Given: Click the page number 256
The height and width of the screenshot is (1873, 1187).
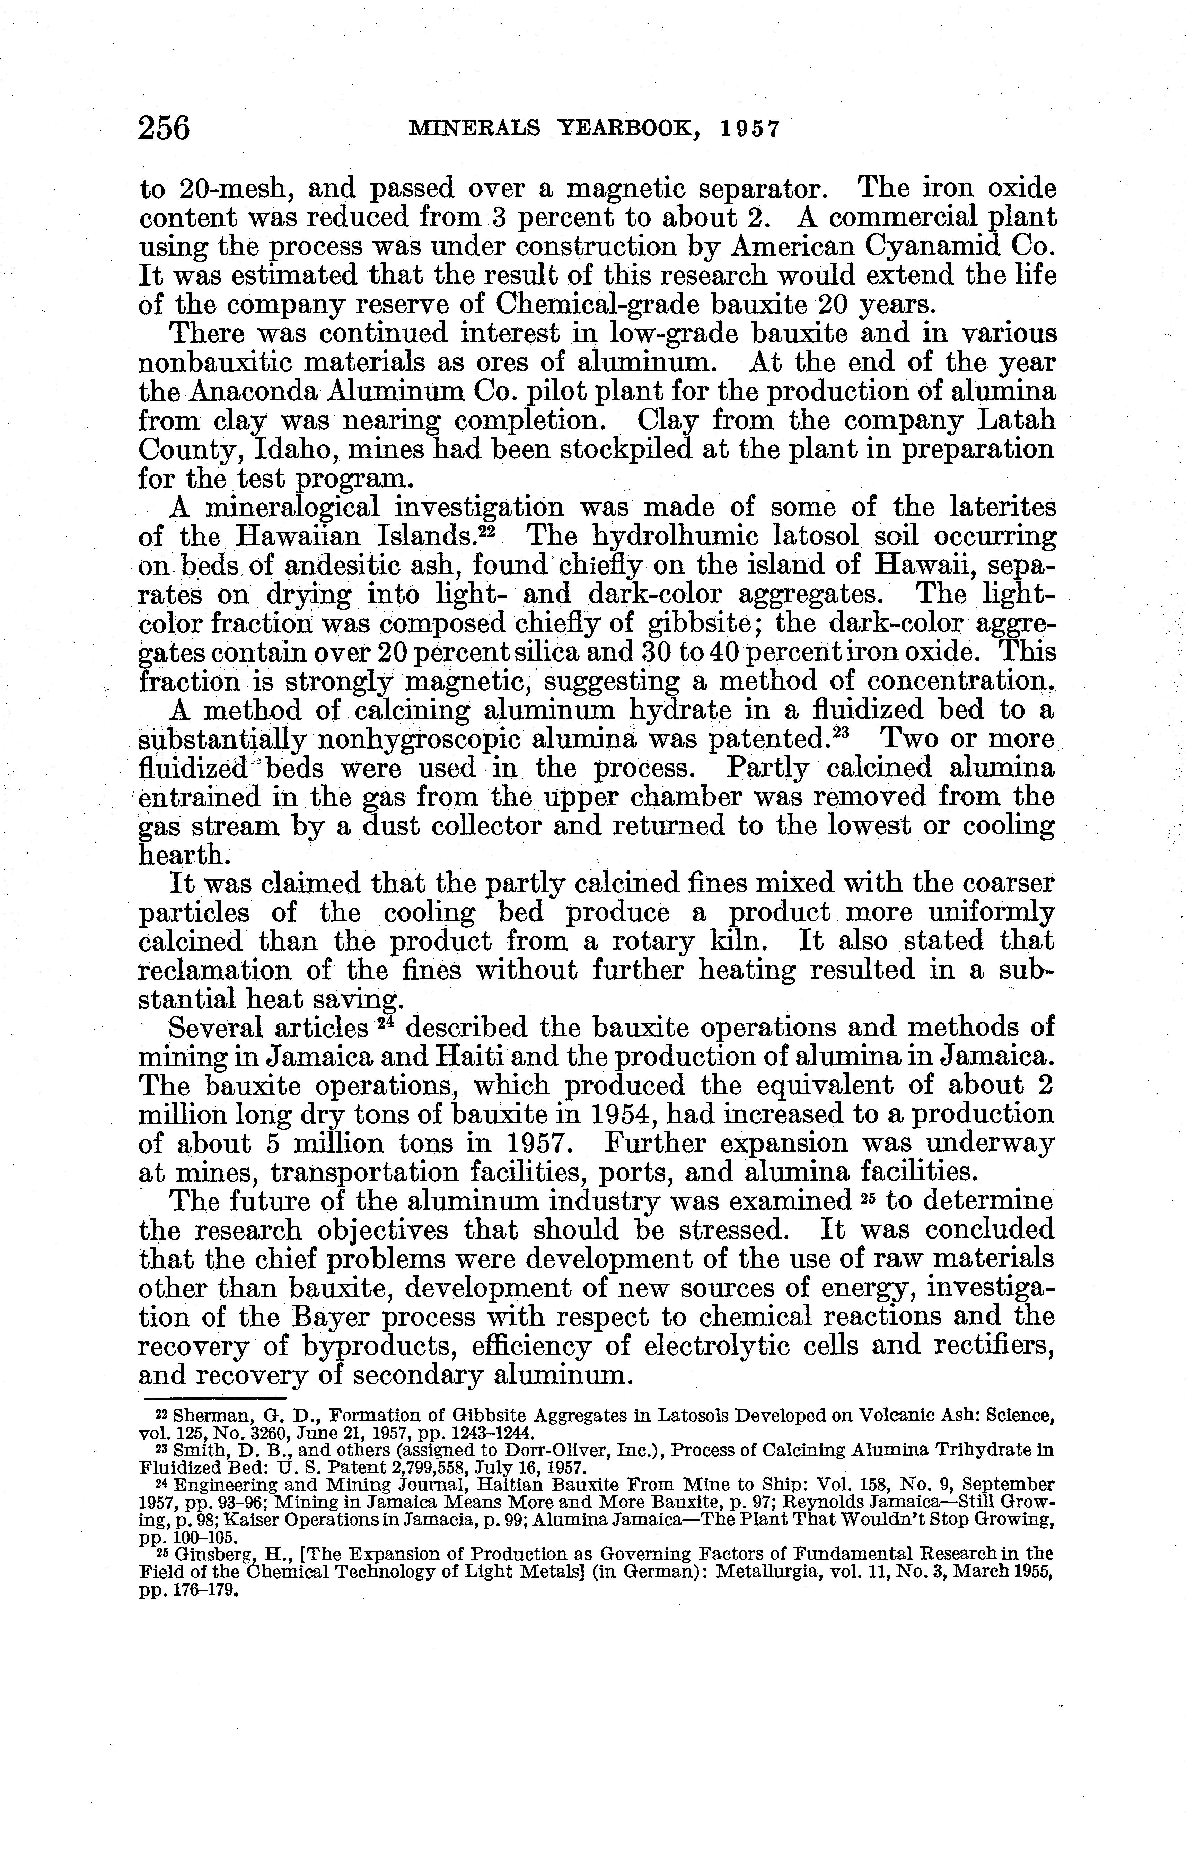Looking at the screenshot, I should click(164, 128).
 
